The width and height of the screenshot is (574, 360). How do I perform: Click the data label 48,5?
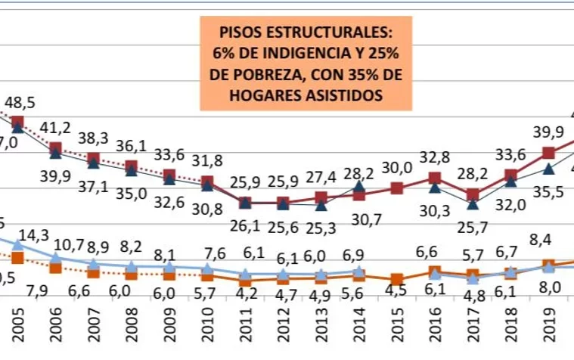20,102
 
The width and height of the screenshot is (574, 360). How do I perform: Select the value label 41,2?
56,126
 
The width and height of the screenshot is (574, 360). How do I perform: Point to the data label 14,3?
33,234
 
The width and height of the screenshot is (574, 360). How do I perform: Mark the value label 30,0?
396,168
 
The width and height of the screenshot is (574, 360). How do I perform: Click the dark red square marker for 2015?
396,188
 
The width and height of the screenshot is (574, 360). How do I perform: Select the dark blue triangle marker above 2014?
359,185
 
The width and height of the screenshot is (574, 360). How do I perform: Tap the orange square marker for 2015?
396,278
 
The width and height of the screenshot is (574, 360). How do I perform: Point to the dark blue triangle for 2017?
473,203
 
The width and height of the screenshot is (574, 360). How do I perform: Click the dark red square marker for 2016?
435,178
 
